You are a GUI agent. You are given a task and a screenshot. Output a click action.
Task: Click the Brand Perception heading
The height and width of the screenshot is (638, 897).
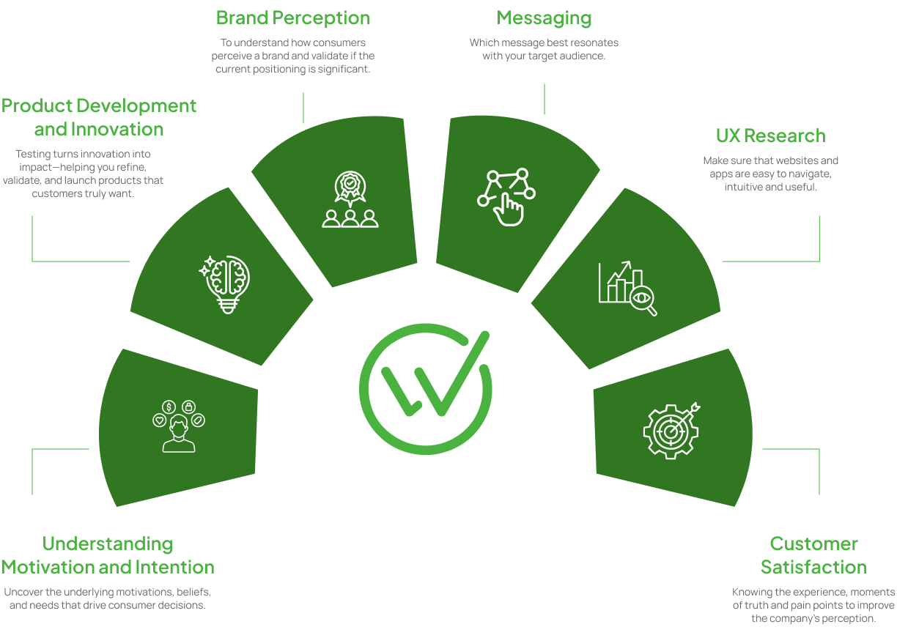click(x=293, y=18)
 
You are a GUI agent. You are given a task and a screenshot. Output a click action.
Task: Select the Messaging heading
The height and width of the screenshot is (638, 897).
click(x=544, y=18)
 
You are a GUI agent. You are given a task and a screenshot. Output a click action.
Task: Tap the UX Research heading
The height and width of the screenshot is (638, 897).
click(x=770, y=136)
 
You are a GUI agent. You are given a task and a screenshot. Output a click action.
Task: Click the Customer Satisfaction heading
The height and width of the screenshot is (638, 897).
click(x=813, y=555)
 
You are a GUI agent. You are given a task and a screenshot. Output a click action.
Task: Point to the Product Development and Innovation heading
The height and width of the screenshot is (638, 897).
click(x=99, y=117)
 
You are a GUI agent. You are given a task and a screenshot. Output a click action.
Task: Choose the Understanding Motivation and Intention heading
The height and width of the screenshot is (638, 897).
click(x=108, y=555)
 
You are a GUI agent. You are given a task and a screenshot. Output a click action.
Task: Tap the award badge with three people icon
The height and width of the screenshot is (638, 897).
click(x=350, y=199)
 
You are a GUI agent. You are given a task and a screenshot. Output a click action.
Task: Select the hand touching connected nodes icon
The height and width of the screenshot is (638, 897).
click(x=506, y=196)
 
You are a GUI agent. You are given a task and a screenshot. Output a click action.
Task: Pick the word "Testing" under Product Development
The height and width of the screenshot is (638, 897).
click(x=32, y=154)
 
